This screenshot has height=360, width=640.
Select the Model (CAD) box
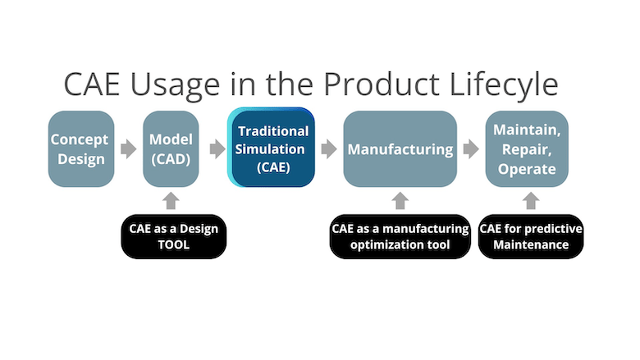(x=171, y=148)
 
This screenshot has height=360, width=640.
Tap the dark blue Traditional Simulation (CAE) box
(x=272, y=148)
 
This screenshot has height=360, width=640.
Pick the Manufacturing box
(x=400, y=148)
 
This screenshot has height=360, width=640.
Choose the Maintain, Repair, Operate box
(x=526, y=148)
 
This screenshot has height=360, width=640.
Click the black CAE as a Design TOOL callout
(x=173, y=236)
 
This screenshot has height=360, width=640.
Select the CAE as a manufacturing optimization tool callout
(x=400, y=236)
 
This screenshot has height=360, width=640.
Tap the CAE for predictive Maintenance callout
(x=531, y=236)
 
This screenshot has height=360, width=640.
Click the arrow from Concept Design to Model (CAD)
(x=128, y=149)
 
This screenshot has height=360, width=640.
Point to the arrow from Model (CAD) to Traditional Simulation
(x=217, y=149)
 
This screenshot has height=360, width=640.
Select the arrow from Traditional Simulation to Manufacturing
(x=328, y=149)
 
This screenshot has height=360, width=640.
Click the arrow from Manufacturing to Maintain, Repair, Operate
(x=470, y=149)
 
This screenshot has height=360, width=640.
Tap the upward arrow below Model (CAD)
(x=171, y=200)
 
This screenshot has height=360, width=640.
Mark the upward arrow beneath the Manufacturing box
(x=400, y=200)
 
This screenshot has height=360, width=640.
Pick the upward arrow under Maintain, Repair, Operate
(x=531, y=200)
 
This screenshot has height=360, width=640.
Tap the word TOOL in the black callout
(x=173, y=244)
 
